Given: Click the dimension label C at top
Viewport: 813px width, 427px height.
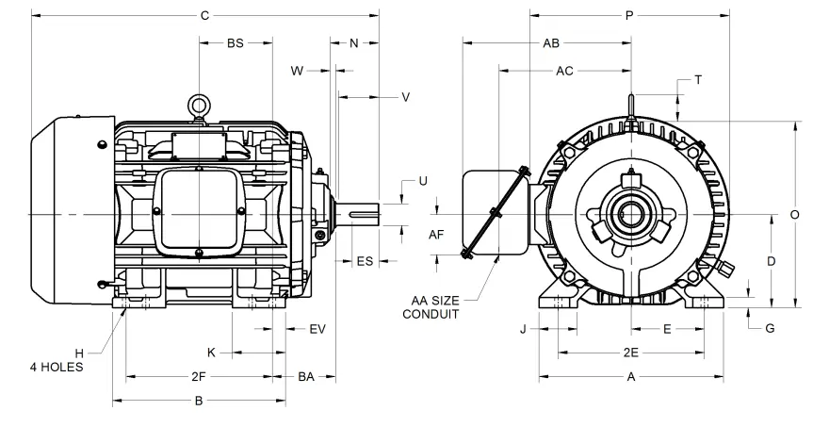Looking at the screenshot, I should [204, 16].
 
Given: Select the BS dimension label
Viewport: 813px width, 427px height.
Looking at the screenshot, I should [236, 43].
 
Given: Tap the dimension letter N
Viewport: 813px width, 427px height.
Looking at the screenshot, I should [354, 43].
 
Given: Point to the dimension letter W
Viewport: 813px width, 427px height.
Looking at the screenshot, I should [297, 71].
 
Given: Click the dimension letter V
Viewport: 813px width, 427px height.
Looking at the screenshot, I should [405, 97].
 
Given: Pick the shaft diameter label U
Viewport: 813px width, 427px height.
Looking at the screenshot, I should [422, 181].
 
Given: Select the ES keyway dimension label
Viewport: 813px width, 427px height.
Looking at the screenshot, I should [365, 261].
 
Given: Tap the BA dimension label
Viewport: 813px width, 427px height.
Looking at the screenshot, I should [306, 377].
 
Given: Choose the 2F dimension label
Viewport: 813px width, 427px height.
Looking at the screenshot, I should [199, 377].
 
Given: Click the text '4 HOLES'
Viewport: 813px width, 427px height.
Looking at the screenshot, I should [57, 367].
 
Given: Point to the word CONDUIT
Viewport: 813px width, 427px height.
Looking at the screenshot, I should [431, 314].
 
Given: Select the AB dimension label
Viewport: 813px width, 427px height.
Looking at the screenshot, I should [552, 43].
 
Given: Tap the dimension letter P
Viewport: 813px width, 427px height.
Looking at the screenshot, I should [628, 16].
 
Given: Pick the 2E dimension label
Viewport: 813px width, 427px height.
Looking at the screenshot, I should [631, 353].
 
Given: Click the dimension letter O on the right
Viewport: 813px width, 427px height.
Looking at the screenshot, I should [794, 215].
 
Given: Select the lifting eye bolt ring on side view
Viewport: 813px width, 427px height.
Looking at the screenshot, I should [199, 106].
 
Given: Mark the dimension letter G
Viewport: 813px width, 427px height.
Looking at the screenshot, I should [770, 328].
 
